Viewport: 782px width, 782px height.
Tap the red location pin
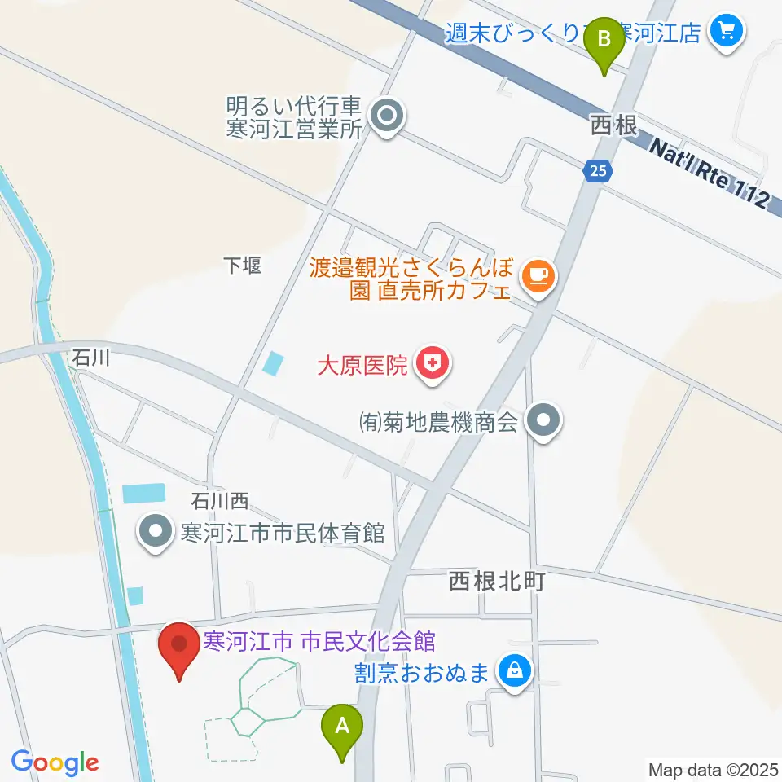coord(178,646)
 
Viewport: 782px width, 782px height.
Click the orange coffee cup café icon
coord(538,277)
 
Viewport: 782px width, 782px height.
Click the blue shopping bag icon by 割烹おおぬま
coord(514,672)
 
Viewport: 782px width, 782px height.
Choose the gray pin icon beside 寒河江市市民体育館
coord(156,534)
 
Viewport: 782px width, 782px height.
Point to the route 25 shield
coord(599,170)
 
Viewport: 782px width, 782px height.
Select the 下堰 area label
coord(243,266)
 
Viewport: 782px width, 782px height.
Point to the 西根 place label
coord(612,125)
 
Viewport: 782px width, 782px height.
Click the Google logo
coord(55,762)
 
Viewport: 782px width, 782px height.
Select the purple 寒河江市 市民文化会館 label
coord(319,642)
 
